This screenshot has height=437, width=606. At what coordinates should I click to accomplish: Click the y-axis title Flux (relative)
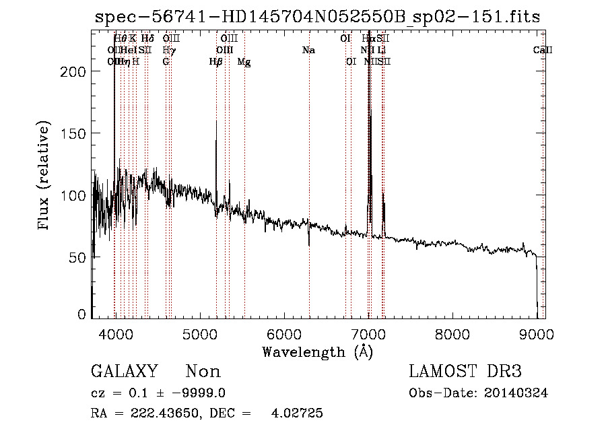(45, 176)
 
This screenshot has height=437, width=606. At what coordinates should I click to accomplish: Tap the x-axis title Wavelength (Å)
(317, 351)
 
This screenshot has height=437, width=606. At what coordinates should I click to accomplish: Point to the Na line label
(308, 51)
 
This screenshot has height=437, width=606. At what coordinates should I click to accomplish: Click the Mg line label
(244, 62)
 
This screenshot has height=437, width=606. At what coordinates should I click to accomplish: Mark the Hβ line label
(215, 62)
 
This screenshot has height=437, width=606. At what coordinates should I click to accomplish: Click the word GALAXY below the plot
(124, 372)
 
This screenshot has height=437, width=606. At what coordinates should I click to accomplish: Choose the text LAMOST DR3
(465, 372)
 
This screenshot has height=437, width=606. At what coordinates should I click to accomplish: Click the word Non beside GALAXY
(203, 372)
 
